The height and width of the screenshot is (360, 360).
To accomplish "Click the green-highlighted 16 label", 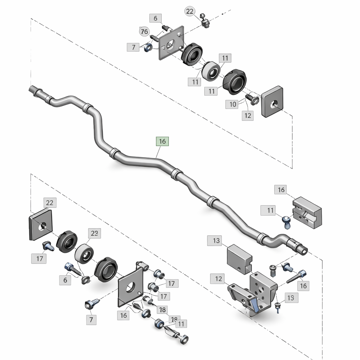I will (x=162, y=141).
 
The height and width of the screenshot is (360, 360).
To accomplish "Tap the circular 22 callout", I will (x=189, y=12).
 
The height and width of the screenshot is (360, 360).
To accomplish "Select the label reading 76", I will (x=144, y=32).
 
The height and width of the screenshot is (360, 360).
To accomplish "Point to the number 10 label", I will (x=233, y=104).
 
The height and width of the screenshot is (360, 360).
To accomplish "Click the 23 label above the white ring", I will (x=94, y=233).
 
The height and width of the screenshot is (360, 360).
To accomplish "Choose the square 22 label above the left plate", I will (x=50, y=202).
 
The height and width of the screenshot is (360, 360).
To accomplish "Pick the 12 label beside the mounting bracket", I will (x=219, y=279).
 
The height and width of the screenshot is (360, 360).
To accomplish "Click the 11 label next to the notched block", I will (x=270, y=211).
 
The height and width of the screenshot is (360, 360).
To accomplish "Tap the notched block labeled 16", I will (x=307, y=213).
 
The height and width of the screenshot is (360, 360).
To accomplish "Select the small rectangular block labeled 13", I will (x=239, y=259).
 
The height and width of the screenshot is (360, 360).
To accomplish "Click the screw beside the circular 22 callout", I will (x=205, y=21).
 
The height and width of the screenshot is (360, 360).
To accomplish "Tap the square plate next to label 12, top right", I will (x=272, y=101).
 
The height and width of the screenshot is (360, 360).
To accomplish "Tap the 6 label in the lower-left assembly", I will (x=65, y=280).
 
